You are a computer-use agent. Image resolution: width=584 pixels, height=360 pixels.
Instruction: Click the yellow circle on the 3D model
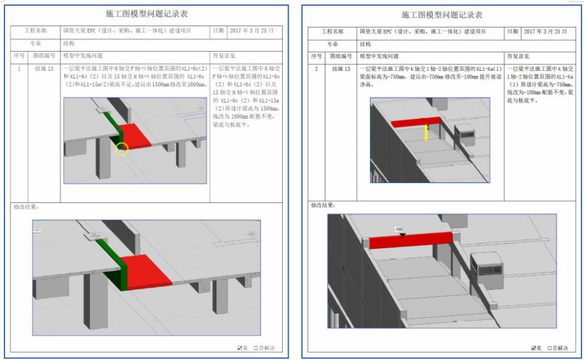coord(122,149)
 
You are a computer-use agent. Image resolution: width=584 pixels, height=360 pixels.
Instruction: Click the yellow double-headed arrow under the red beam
coord(426,133)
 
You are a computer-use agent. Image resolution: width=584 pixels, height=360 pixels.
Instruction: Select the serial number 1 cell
coord(19,68)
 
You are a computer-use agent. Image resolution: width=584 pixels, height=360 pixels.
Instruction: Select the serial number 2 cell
coord(317,68)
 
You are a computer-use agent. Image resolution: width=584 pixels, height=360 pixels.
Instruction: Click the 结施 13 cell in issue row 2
coord(339,68)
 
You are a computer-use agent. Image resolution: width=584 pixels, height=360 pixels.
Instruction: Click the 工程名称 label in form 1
coord(36,31)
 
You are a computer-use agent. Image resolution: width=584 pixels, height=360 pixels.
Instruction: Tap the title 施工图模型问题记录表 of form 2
coord(442,14)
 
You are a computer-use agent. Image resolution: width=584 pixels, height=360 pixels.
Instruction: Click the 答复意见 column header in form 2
coord(518,57)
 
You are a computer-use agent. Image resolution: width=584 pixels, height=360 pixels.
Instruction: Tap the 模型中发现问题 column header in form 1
coord(83,56)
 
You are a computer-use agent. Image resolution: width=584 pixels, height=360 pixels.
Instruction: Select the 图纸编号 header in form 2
coord(339,57)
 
